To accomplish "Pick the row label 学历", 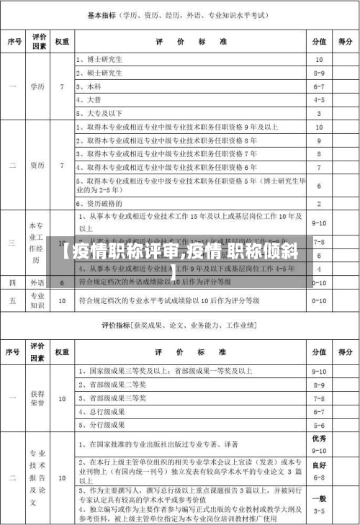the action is click(37, 86).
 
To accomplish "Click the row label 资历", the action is click(37, 166).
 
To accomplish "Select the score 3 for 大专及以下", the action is click(318, 113).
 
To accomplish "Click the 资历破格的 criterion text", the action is click(103, 203).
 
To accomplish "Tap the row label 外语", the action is click(37, 282).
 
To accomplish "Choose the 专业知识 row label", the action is click(37, 300).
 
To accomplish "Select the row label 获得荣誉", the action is click(37, 398).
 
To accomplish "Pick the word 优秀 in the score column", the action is click(319, 438).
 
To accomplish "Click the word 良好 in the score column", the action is click(319, 465).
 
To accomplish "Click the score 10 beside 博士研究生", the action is click(318, 59).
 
